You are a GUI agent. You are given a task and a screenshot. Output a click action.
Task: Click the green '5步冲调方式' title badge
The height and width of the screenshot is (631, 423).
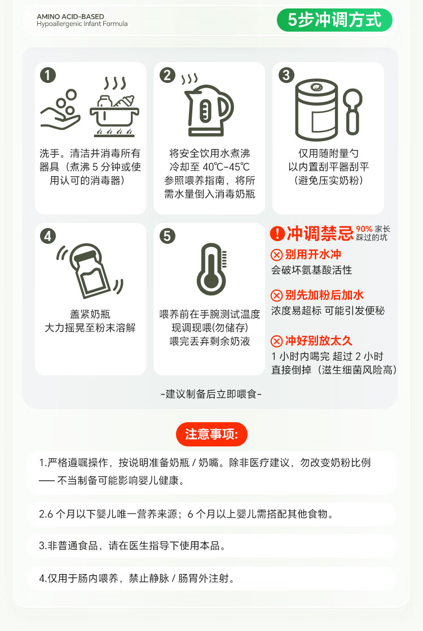coord(334,20)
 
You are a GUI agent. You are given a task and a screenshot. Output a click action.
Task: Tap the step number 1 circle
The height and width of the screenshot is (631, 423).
coord(48,75)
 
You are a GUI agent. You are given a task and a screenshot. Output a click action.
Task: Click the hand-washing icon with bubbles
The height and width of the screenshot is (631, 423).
coord(60,109)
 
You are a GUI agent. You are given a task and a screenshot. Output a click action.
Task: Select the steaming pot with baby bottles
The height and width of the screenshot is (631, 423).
coord(114,106)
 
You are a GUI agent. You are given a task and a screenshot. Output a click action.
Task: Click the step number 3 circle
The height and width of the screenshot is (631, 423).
coord(287,75)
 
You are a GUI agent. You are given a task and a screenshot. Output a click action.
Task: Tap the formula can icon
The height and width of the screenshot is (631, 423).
coord(316,109)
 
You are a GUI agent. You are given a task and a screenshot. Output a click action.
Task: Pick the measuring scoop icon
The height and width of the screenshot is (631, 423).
coord(352,112)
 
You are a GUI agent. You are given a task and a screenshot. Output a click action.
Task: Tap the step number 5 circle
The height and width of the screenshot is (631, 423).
coord(168,236)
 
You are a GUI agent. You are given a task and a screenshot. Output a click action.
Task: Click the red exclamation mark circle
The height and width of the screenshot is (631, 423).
coord(277,233)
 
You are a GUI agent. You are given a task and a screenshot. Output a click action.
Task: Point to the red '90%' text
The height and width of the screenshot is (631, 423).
coord(364,229)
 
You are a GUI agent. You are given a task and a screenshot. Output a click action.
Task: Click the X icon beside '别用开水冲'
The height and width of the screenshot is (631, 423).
coord(276,255)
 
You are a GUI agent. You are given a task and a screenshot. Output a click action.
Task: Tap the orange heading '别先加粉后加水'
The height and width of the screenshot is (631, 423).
coord(324,295)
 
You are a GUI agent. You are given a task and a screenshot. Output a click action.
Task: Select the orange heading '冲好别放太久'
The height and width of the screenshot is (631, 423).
coord(319,341)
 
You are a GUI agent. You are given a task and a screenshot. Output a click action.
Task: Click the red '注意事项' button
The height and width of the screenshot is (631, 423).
coord(211,434)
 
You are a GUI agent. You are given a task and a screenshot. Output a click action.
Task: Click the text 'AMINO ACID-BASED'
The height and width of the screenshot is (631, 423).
coord(70,16)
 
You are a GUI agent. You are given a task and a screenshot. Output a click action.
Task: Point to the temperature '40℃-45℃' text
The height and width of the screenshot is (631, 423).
coord(226,167)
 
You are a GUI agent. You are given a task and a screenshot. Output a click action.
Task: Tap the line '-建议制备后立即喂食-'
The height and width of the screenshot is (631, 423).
coord(211,394)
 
